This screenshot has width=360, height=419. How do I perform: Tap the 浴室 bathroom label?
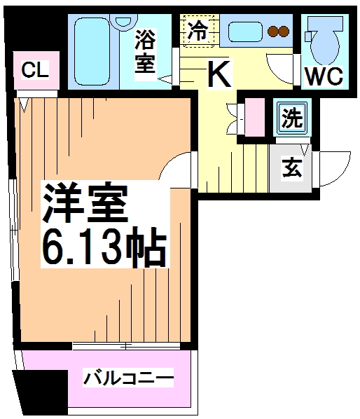(146, 51)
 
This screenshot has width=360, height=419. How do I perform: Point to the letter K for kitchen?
(219, 73)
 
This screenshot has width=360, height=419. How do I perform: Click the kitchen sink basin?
(245, 32)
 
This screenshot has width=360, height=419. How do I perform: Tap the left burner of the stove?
(274, 31)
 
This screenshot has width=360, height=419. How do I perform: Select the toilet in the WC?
(323, 41)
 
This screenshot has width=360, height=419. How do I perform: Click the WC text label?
(323, 75)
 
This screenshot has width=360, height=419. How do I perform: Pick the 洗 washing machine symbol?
(290, 118)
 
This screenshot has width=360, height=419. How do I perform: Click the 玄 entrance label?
(291, 169)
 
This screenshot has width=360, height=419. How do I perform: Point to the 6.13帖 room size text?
(105, 247)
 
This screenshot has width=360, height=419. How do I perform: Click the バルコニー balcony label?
(128, 379)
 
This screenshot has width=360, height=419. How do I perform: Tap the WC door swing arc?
(284, 70)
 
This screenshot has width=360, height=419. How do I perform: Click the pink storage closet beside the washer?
(254, 118)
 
